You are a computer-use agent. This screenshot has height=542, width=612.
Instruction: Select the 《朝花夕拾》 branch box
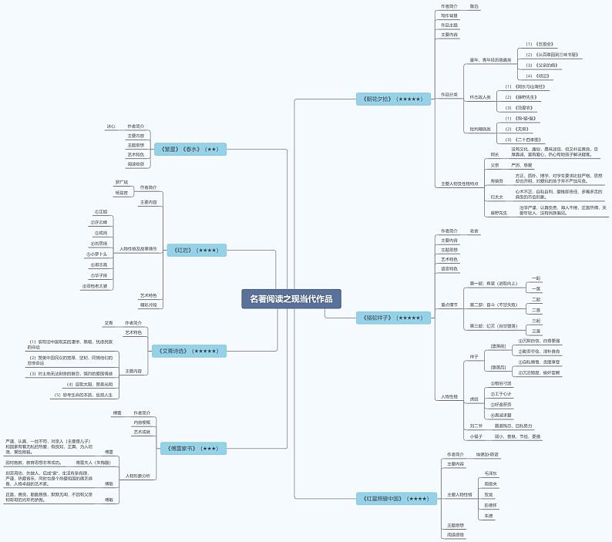coord(392,99)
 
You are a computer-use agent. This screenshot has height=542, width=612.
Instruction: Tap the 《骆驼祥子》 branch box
coord(392,317)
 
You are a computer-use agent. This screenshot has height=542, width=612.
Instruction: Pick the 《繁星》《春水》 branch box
coord(190,149)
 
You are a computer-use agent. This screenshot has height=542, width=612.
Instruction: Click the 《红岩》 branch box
coord(197,250)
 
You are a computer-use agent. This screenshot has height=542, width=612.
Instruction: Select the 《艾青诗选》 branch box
coord(188,351)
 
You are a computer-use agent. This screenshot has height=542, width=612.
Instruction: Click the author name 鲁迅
coord(474,6)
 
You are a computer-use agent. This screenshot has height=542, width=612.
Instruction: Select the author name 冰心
coord(111,126)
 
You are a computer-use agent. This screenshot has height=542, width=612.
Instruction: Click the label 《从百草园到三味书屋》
coord(553,55)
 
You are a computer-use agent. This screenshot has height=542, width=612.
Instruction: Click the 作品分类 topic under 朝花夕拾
coord(449,94)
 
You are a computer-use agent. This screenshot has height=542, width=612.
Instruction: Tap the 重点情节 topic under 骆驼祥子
coord(449,305)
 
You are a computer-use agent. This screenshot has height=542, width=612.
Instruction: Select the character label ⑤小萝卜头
coord(98,253)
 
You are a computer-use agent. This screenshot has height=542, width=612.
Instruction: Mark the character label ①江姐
coord(101,211)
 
